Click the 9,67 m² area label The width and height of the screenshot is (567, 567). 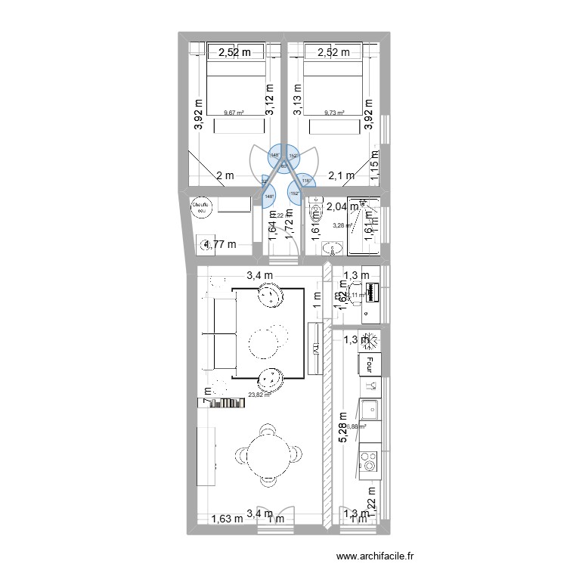[x=234, y=113]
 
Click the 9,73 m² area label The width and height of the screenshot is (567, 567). [x=334, y=113]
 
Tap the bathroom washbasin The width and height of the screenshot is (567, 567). [x=333, y=249]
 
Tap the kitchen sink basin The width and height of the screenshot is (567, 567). [x=370, y=411]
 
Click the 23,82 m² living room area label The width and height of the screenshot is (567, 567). [x=258, y=394]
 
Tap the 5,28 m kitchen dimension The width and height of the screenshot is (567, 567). [x=343, y=428]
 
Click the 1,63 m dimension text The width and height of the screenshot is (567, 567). [x=227, y=519]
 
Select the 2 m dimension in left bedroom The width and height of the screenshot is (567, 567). [x=225, y=175]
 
